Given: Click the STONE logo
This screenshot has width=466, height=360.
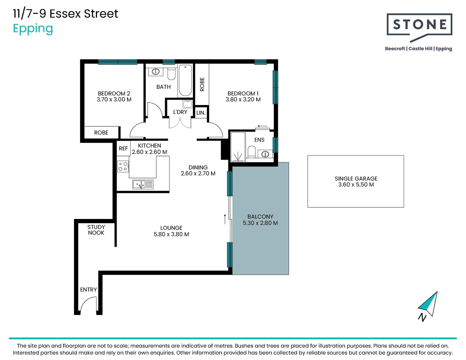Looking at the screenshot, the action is click(x=419, y=27).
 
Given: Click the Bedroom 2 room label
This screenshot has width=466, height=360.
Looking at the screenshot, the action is click(x=114, y=93).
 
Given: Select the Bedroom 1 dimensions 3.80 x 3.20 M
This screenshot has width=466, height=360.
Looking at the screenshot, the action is click(x=243, y=99).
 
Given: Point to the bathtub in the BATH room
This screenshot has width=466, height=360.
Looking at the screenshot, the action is click(x=185, y=80).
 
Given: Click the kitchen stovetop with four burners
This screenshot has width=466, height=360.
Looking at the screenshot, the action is click(x=123, y=166).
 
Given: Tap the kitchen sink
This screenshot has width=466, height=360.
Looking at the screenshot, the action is click(x=143, y=184).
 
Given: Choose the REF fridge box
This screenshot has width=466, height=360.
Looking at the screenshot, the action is click(x=124, y=148).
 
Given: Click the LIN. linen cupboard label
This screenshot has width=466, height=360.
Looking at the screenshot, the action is click(x=201, y=113).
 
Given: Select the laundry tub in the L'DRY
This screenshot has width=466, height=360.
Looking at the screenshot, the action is click(x=187, y=104).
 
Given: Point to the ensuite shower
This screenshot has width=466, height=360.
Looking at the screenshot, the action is click(x=238, y=147).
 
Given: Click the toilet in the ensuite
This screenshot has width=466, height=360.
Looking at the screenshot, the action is click(x=252, y=152).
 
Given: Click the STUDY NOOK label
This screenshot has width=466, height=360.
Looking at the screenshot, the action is click(x=96, y=230).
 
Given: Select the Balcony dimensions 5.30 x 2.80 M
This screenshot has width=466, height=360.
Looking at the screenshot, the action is click(x=260, y=223).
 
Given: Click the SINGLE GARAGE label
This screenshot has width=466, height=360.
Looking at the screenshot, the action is click(x=356, y=179).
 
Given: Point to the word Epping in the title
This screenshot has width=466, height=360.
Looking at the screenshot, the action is click(x=33, y=29).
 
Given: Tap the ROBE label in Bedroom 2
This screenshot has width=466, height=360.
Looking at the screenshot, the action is click(x=101, y=133).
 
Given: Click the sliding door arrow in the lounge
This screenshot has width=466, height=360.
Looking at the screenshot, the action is click(x=225, y=219).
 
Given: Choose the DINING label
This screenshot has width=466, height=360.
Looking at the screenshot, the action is click(x=198, y=167).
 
